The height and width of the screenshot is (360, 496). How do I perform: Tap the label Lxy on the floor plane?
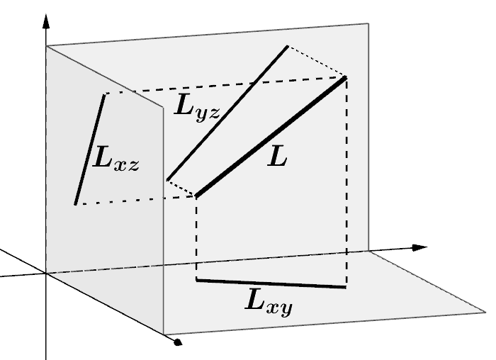[x=269, y=303]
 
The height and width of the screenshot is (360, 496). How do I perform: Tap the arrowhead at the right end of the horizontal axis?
[x=421, y=247]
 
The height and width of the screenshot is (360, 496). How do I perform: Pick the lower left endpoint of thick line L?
[x=196, y=196]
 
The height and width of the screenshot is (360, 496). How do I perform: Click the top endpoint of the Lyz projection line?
[x=287, y=47]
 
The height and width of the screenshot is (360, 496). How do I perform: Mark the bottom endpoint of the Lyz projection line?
[x=167, y=180]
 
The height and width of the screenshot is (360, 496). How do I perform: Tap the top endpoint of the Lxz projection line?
[x=105, y=94]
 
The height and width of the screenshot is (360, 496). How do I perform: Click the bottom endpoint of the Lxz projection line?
[x=75, y=204]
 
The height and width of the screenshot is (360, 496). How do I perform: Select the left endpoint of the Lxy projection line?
[x=196, y=281]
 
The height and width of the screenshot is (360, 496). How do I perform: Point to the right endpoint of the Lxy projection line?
[x=346, y=287]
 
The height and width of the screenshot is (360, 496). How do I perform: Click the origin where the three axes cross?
[x=46, y=273]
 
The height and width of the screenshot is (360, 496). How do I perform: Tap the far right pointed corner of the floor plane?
[x=487, y=310]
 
